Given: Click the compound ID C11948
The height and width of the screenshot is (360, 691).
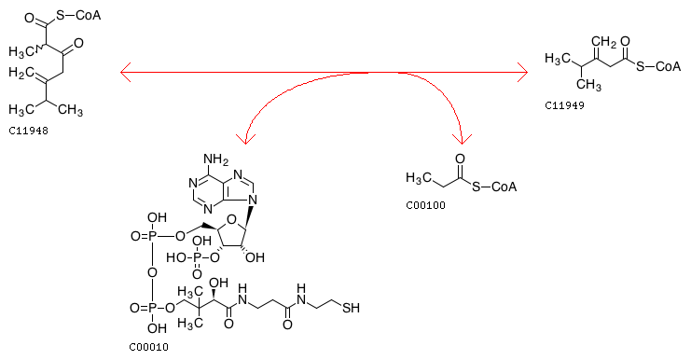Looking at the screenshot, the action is [x=28, y=131].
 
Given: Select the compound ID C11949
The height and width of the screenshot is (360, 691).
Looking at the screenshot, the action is [x=564, y=105].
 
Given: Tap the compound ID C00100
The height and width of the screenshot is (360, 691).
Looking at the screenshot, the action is [x=426, y=205].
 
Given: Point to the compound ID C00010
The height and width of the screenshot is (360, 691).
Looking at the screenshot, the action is [x=148, y=347].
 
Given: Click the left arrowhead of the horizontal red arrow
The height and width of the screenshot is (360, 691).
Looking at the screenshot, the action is [x=126, y=72].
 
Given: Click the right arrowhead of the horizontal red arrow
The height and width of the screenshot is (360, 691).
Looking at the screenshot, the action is [x=522, y=72].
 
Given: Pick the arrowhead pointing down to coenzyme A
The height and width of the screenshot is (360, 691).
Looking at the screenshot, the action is [x=245, y=139].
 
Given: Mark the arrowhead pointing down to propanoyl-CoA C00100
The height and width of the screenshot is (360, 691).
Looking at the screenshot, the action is [x=463, y=139].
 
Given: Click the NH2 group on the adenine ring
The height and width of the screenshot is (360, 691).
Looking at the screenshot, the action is [x=215, y=159].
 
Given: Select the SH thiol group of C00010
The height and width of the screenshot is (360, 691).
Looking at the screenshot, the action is [x=351, y=308].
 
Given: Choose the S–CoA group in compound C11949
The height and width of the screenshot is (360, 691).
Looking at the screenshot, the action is [x=658, y=66].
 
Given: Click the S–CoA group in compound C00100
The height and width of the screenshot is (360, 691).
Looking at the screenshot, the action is [x=494, y=187].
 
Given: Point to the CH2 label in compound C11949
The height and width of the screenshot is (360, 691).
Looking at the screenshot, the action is [x=603, y=42].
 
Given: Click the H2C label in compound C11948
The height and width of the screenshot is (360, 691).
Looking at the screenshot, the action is [x=21, y=73].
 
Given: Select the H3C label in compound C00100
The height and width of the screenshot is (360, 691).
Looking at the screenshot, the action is [x=419, y=177].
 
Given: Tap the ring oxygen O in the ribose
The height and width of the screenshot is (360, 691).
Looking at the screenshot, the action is [x=230, y=219].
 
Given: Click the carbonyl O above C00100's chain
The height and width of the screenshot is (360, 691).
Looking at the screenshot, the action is [x=460, y=159].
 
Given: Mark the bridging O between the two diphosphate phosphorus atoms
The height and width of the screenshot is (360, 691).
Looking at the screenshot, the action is [x=152, y=272].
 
